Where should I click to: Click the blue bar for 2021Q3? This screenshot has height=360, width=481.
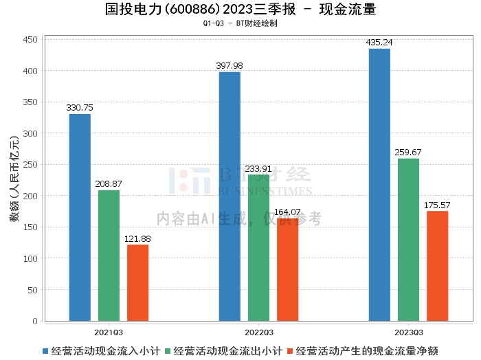pyautogui.click(x=80, y=217)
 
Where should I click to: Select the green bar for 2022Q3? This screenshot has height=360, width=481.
pyautogui.click(x=258, y=248)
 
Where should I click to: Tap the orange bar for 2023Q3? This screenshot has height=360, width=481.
pyautogui.click(x=438, y=266)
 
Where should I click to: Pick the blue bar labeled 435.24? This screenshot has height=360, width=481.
pyautogui.click(x=379, y=185)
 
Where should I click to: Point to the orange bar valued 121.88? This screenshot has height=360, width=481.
pyautogui.click(x=137, y=283)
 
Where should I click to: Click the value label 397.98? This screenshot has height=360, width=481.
pyautogui.click(x=229, y=66)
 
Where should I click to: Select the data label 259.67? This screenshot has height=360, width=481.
pyautogui.click(x=408, y=152)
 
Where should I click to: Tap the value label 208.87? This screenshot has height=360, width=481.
pyautogui.click(x=109, y=183)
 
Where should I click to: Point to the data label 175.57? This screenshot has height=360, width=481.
pyautogui.click(x=437, y=205)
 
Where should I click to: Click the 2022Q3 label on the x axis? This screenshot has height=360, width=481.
pyautogui.click(x=259, y=333)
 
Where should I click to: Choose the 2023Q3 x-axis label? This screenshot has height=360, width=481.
pyautogui.click(x=409, y=333)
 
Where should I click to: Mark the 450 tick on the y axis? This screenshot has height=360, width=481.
pyautogui.click(x=30, y=40)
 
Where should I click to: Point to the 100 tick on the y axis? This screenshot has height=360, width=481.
pyautogui.click(x=30, y=258)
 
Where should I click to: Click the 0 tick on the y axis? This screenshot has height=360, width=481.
pyautogui.click(x=35, y=321)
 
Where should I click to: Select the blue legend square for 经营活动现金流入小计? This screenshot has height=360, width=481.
pyautogui.click(x=45, y=351)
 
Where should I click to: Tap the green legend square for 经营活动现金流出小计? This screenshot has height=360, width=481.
pyautogui.click(x=168, y=351)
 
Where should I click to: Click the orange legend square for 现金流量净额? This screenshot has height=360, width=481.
pyautogui.click(x=290, y=351)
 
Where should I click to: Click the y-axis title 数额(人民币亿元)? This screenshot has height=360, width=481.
pyautogui.click(x=14, y=179)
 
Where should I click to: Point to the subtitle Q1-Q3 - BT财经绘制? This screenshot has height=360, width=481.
pyautogui.click(x=240, y=23)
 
